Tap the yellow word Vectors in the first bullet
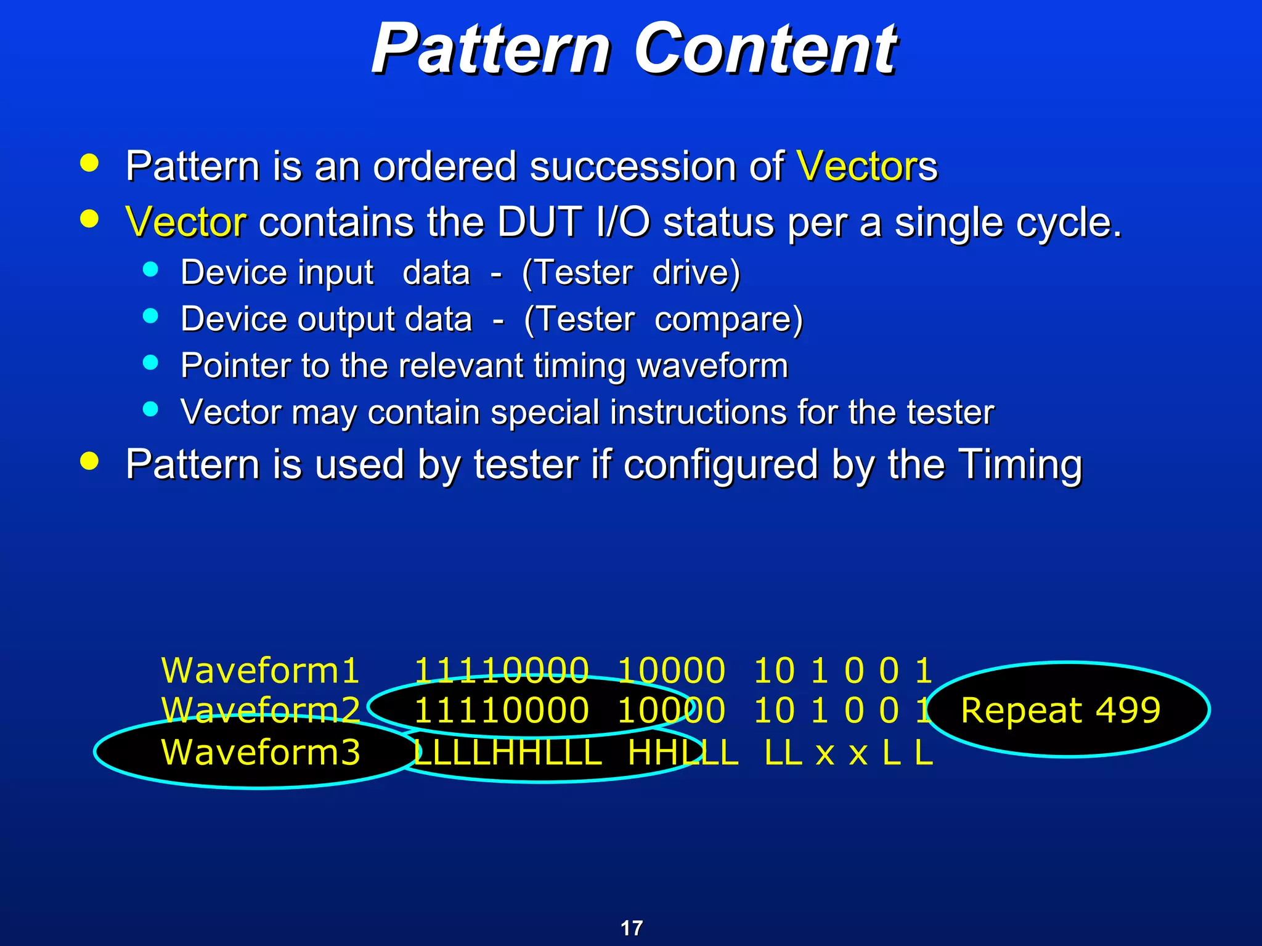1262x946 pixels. pos(866,166)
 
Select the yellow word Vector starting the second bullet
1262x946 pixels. pos(185,222)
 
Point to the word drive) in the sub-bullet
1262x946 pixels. pos(696,273)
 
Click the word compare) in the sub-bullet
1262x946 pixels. pos(729,319)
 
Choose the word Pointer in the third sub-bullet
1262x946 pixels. pos(235,366)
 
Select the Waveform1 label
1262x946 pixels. pos(260,670)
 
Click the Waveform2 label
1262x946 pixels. pos(260,710)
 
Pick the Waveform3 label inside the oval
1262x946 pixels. pos(260,752)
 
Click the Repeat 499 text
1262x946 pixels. pos(1060,710)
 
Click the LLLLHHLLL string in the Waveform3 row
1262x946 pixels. pos(507,753)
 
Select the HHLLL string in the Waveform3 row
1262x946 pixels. pos(683,753)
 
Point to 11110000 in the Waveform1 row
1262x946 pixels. pos(501,670)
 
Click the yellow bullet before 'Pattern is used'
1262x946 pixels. pos(89,461)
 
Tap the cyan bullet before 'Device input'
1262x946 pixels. pos(150,269)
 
